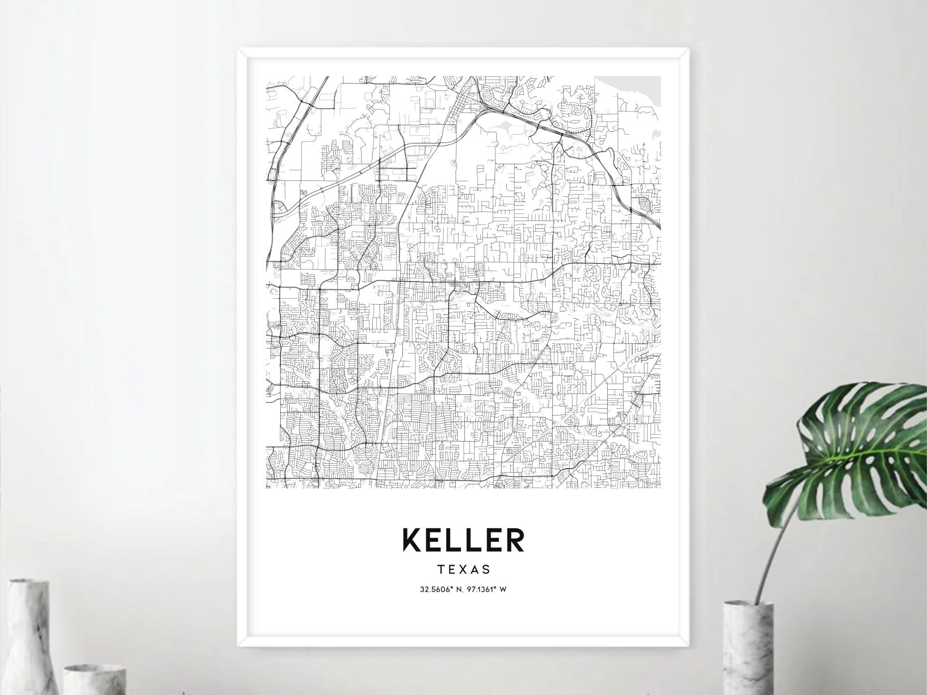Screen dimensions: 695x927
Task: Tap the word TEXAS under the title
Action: click(x=463, y=568)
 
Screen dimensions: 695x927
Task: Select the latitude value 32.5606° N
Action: click(x=438, y=590)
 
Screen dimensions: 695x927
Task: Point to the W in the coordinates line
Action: click(x=503, y=590)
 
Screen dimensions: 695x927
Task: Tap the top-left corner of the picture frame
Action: click(x=239, y=49)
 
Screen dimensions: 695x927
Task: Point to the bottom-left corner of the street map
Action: click(x=267, y=488)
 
